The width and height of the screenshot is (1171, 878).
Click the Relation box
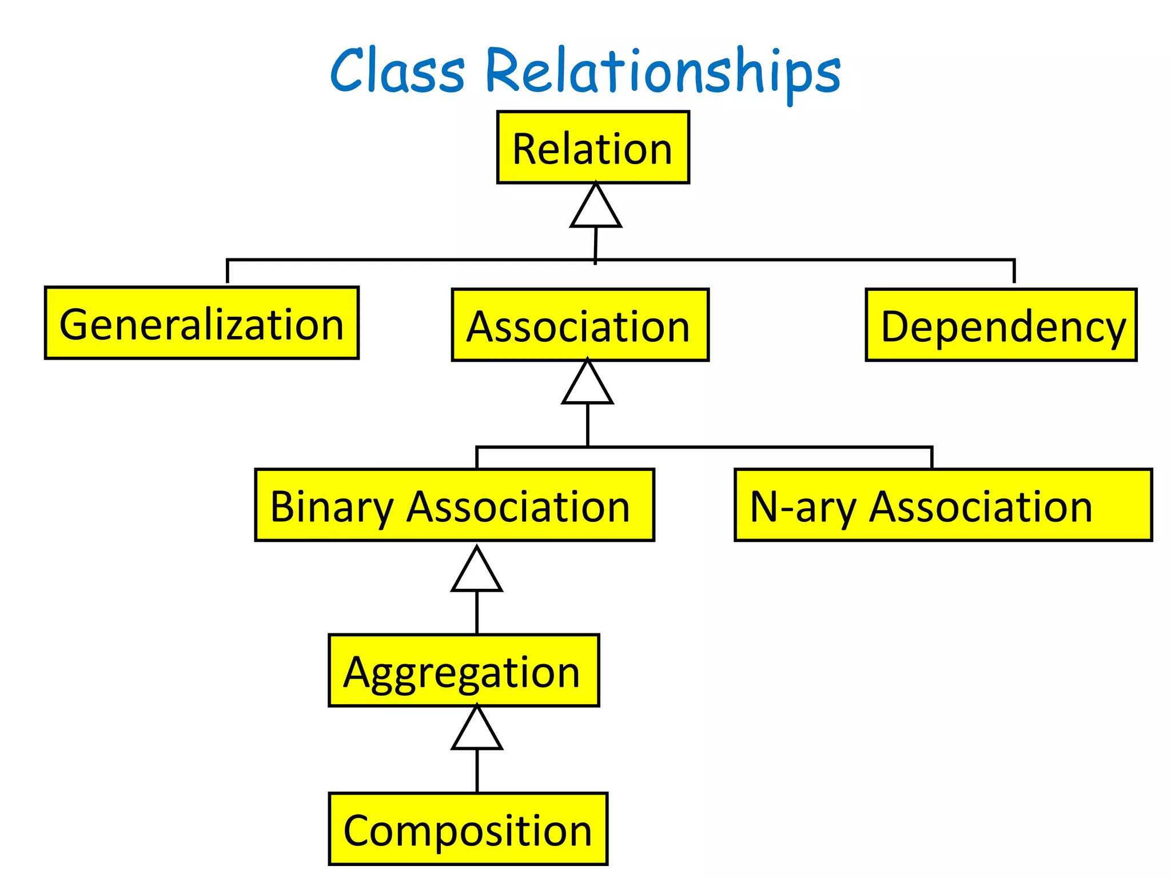click(x=593, y=147)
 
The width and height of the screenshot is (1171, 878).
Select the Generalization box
click(x=201, y=323)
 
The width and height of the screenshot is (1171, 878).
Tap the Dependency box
click(x=1001, y=325)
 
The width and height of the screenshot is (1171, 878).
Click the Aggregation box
click(x=463, y=670)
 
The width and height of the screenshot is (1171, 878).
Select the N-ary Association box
click(x=943, y=505)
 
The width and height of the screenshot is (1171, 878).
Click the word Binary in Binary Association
click(x=332, y=506)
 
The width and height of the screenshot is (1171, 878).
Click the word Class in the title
click(x=397, y=71)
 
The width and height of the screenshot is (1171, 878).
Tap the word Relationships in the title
click(x=663, y=71)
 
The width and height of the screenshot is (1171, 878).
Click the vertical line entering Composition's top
click(x=477, y=771)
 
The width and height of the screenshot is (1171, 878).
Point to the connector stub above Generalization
click(x=228, y=272)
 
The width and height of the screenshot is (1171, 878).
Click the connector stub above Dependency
click(x=1014, y=272)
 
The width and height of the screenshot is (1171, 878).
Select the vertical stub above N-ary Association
click(x=931, y=458)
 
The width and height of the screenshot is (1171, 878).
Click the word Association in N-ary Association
click(x=980, y=506)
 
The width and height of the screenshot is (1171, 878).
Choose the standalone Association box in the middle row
click(x=580, y=325)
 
